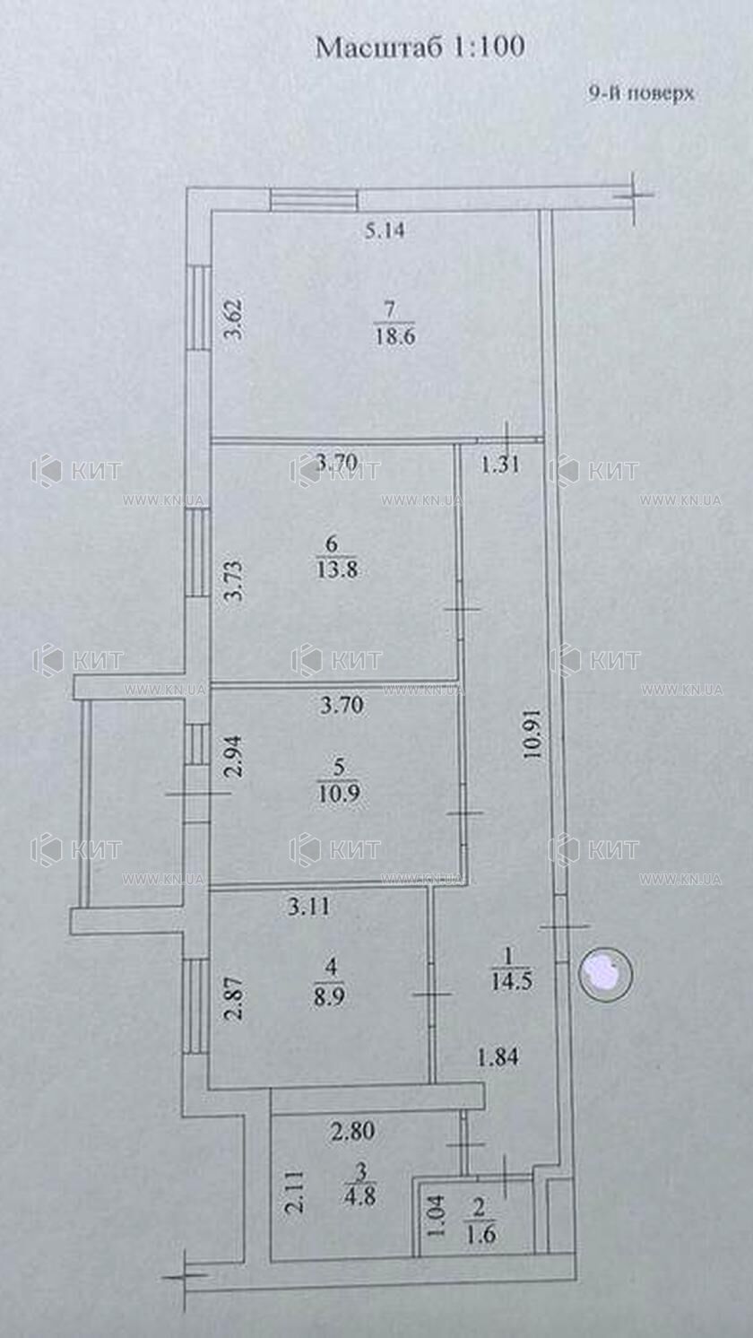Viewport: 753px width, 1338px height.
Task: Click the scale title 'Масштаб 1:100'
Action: coord(420,48)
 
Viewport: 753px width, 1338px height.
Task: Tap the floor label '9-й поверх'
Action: coord(641,94)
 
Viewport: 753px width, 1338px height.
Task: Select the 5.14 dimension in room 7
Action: coord(385,230)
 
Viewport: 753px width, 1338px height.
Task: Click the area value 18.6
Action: coord(394,335)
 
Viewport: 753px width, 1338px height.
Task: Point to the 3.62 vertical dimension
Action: coord(237,319)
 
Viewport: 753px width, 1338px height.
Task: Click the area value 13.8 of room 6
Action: coord(337,569)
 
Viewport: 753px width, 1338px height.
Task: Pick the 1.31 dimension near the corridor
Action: coord(500,465)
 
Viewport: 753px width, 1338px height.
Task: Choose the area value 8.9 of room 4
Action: coord(330,997)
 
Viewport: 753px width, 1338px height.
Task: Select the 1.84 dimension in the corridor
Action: coord(498,1058)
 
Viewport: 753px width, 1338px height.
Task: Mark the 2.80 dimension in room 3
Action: coord(353,1131)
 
